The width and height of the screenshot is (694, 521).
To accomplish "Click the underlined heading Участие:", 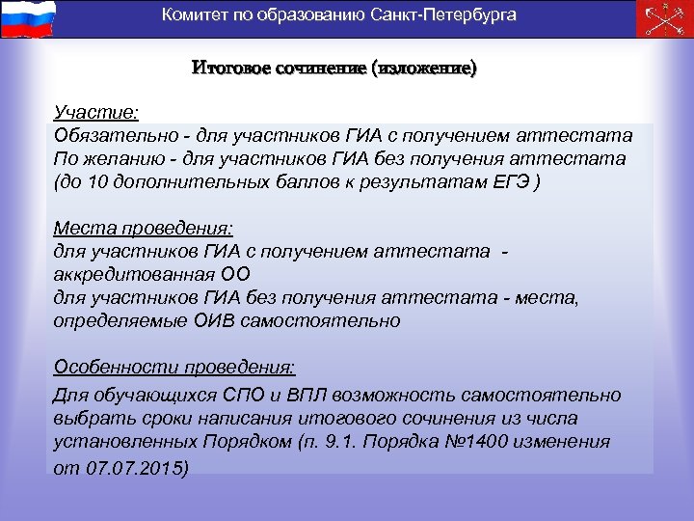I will click(x=96, y=114).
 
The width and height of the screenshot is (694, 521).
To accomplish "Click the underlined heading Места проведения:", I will click(x=143, y=230).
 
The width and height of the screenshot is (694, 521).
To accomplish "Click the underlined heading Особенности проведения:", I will click(x=174, y=368).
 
